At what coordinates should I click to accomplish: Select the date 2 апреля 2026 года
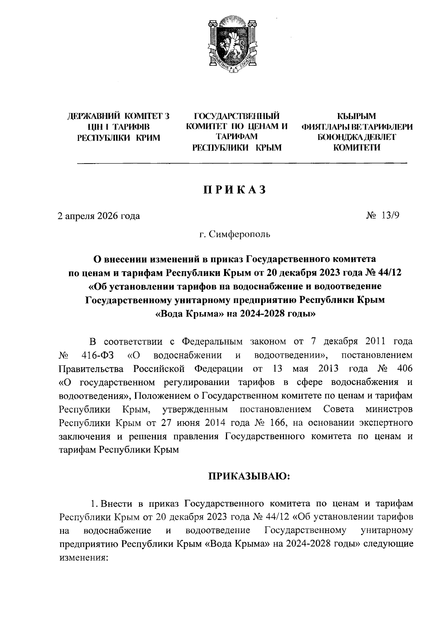(x=99, y=216)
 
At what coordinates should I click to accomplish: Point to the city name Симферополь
(x=240, y=234)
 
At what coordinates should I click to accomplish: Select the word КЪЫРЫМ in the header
(x=357, y=116)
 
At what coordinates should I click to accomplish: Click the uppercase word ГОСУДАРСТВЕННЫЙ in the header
(x=237, y=116)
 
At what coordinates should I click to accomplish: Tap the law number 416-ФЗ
(x=96, y=355)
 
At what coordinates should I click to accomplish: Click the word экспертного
(x=386, y=423)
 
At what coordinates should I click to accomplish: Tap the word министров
(x=389, y=409)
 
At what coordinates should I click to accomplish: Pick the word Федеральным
(x=212, y=342)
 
